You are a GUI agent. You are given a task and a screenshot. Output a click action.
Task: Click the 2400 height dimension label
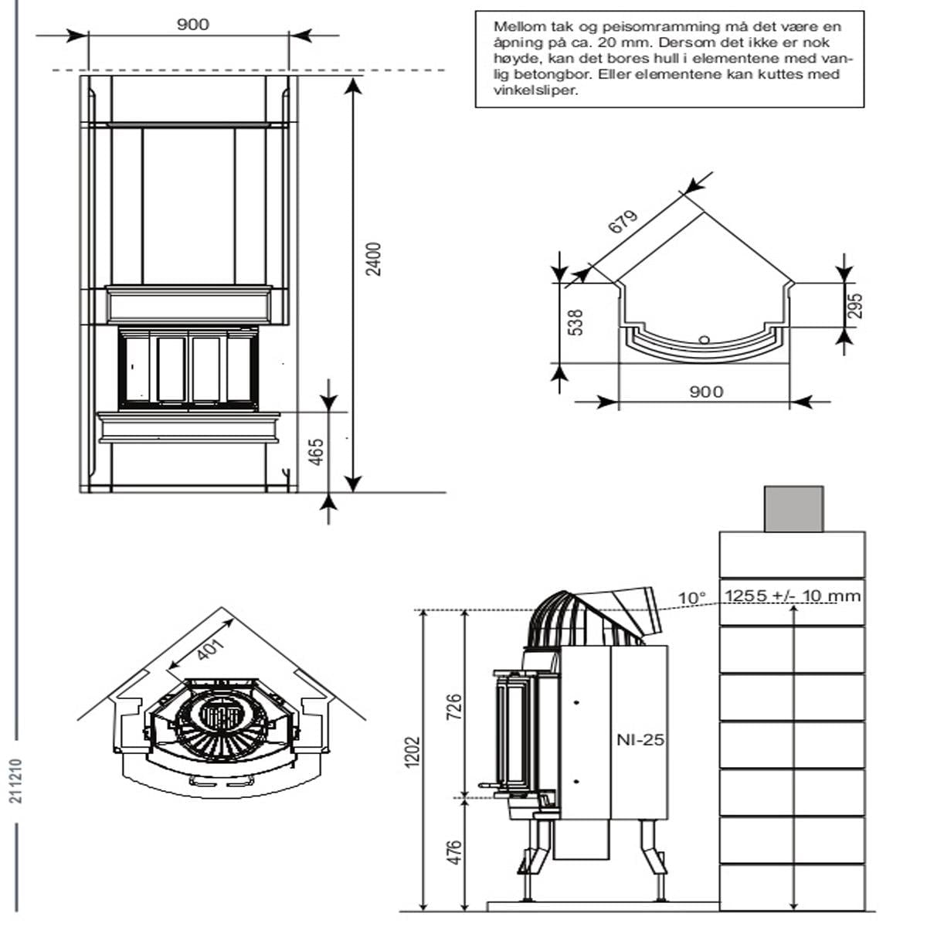point(373,260)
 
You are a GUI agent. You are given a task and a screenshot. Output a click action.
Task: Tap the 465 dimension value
point(316,452)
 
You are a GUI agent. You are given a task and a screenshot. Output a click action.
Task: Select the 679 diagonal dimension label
point(623,222)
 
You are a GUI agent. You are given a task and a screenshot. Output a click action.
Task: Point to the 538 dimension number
point(576,322)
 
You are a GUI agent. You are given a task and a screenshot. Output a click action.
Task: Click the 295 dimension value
point(856,306)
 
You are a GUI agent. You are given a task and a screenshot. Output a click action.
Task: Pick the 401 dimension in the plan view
point(210,650)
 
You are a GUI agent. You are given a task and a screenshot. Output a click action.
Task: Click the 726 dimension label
point(453,707)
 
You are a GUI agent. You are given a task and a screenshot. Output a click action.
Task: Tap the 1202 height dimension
point(413,752)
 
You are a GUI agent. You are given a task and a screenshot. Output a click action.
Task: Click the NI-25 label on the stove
point(640,740)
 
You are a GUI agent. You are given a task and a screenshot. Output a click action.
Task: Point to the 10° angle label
point(691,598)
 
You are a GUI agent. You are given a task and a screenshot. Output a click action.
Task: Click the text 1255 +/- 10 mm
point(793,596)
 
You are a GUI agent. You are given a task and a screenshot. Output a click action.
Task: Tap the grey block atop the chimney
point(794,509)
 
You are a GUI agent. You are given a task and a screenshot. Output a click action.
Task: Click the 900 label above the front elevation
point(193,25)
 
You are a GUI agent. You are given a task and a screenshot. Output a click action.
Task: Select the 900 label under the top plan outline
point(706,392)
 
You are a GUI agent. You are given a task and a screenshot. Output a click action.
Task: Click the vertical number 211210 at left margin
point(16,780)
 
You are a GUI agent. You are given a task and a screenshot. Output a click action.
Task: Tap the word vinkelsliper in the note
point(535,90)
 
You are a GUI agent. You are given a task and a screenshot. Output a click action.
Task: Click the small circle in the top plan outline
point(704,340)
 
